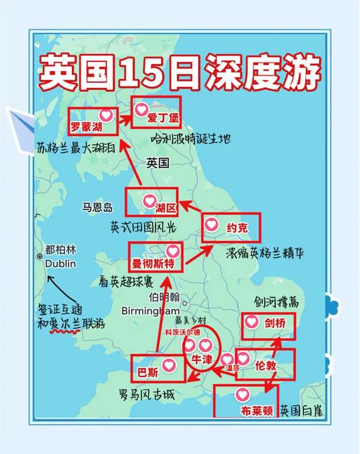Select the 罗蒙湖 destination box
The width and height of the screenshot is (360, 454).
[93, 120]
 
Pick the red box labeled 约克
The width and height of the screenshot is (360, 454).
[230, 228]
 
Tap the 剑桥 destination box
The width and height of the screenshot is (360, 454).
[269, 323]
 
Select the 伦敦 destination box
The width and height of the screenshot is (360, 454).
[266, 364]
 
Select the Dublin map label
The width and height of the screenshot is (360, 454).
[60, 263]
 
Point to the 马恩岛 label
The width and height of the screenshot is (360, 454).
[98, 207]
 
